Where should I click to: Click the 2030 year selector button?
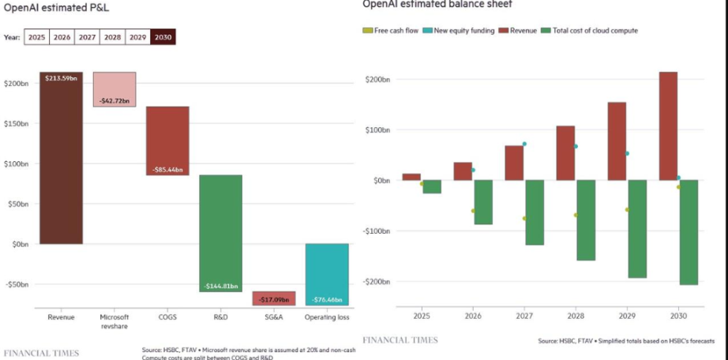163,37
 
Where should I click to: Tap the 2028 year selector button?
113,37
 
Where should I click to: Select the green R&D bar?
220,233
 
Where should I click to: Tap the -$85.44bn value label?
167,170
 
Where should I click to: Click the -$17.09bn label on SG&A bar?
273,300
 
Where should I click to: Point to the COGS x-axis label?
167,317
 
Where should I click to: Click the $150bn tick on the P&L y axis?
16,123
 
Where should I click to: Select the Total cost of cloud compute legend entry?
592,30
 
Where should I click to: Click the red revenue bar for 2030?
668,126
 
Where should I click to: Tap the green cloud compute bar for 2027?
535,212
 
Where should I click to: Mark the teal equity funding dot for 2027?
524,144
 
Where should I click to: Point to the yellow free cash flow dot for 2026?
473,211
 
